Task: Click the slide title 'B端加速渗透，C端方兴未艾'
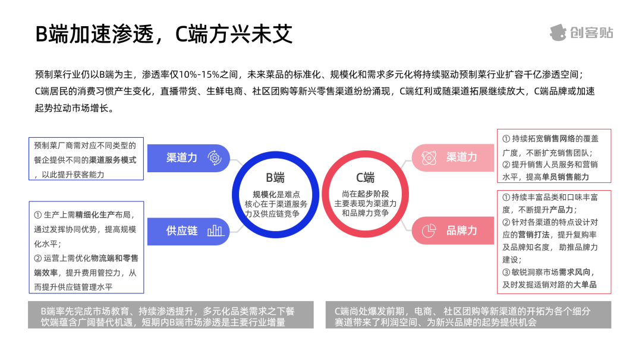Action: (x=164, y=34)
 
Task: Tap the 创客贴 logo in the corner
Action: (x=581, y=32)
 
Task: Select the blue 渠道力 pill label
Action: (x=182, y=158)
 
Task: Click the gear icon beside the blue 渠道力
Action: (x=214, y=158)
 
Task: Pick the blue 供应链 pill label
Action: (x=182, y=230)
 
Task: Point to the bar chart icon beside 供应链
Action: (x=215, y=230)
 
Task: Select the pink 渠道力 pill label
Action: (x=462, y=157)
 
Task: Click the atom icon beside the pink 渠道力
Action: (x=429, y=157)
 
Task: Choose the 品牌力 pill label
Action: (x=462, y=230)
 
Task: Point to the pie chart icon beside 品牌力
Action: (x=429, y=230)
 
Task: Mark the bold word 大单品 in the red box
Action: (x=585, y=285)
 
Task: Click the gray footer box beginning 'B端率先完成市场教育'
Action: (x=171, y=317)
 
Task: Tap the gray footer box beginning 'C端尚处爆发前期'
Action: (x=468, y=317)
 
